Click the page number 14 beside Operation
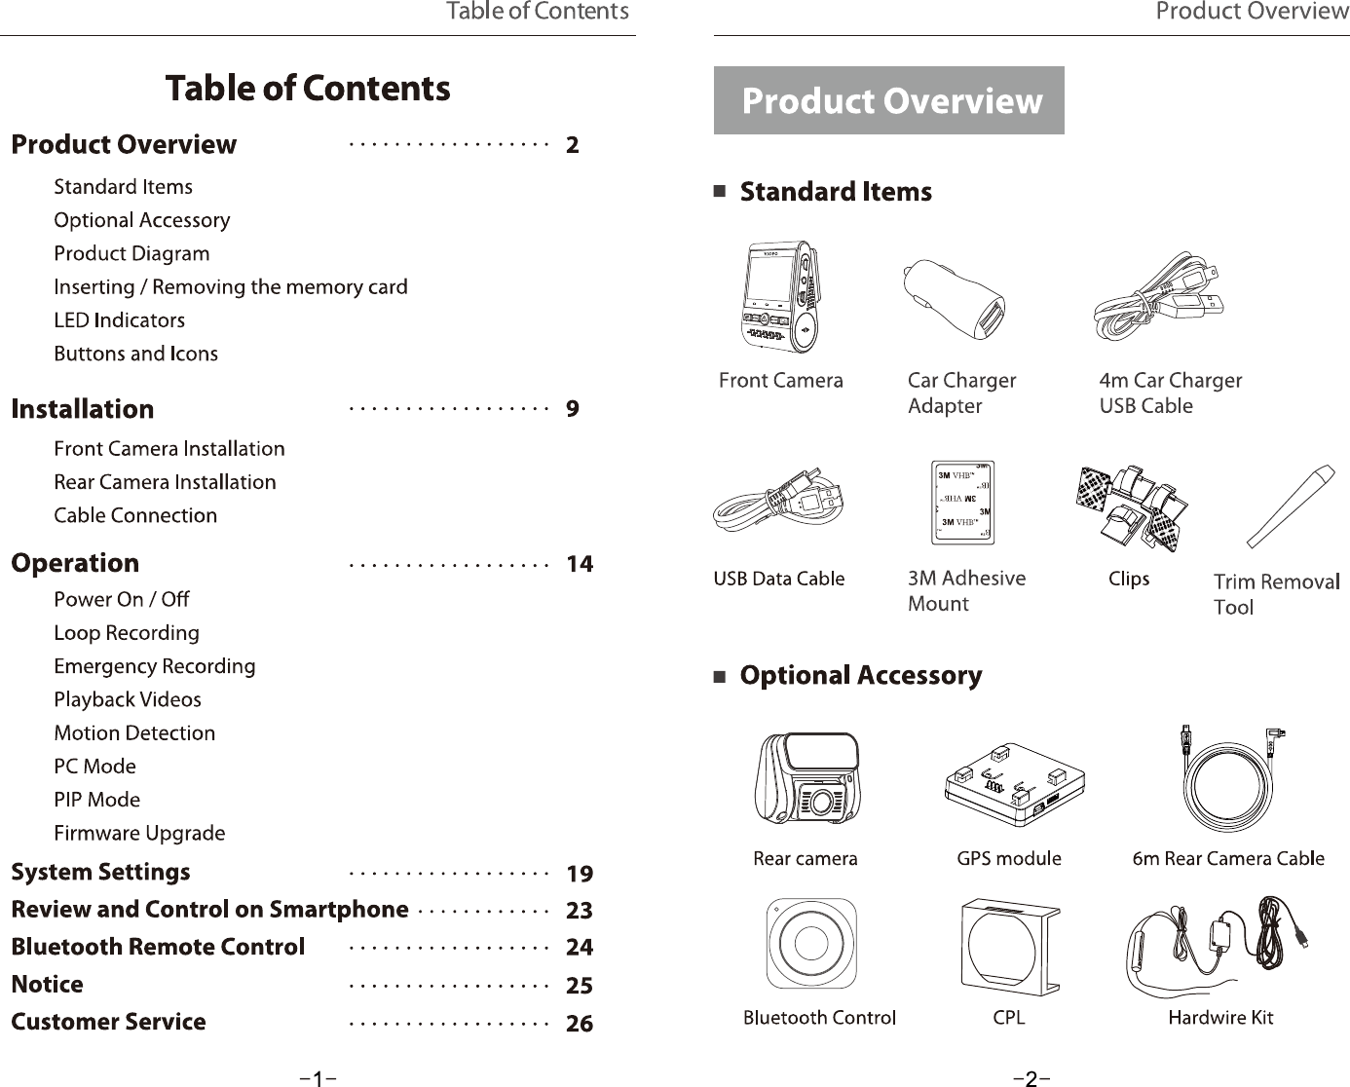coord(580,564)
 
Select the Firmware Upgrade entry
coord(139,834)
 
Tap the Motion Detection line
coord(134,733)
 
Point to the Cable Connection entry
coord(135,516)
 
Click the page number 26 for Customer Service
coord(580,1024)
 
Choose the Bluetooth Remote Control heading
coord(158,948)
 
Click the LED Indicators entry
coord(119,320)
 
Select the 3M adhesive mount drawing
coord(963,503)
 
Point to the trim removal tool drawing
coord(1291,506)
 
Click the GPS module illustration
coord(1013,783)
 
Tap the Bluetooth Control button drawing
coord(811,943)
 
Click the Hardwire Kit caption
coord(1220,1018)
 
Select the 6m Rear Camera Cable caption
coord(1228,859)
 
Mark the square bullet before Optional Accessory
coord(720,677)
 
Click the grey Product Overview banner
coord(888,100)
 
